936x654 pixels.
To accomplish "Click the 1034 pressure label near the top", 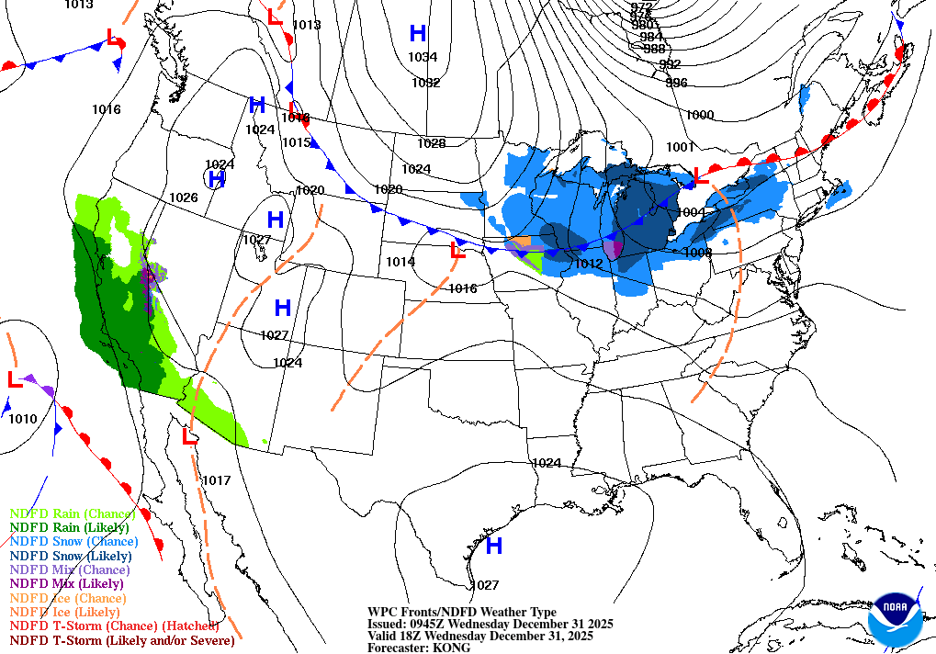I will click(423, 57).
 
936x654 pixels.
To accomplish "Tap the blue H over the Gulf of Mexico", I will click(493, 547).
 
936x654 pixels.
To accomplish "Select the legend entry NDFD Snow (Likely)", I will click(71, 556).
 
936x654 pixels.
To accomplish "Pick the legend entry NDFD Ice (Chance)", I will click(65, 597).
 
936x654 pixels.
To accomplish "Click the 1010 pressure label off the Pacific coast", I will click(23, 420).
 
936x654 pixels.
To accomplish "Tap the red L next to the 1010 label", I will click(15, 378).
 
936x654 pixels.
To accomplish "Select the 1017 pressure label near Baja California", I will click(216, 480).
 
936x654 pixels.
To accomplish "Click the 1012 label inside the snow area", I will click(588, 264).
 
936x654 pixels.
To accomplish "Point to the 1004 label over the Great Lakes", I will click(690, 212).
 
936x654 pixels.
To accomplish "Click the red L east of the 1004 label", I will click(701, 175).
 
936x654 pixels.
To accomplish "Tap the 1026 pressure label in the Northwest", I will click(183, 197).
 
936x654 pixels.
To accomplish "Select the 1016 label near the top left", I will click(106, 109).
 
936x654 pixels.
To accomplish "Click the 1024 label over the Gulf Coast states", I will click(546, 463).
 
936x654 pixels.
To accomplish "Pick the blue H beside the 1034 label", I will click(418, 34).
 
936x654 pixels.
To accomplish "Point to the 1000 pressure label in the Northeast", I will click(699, 115).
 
